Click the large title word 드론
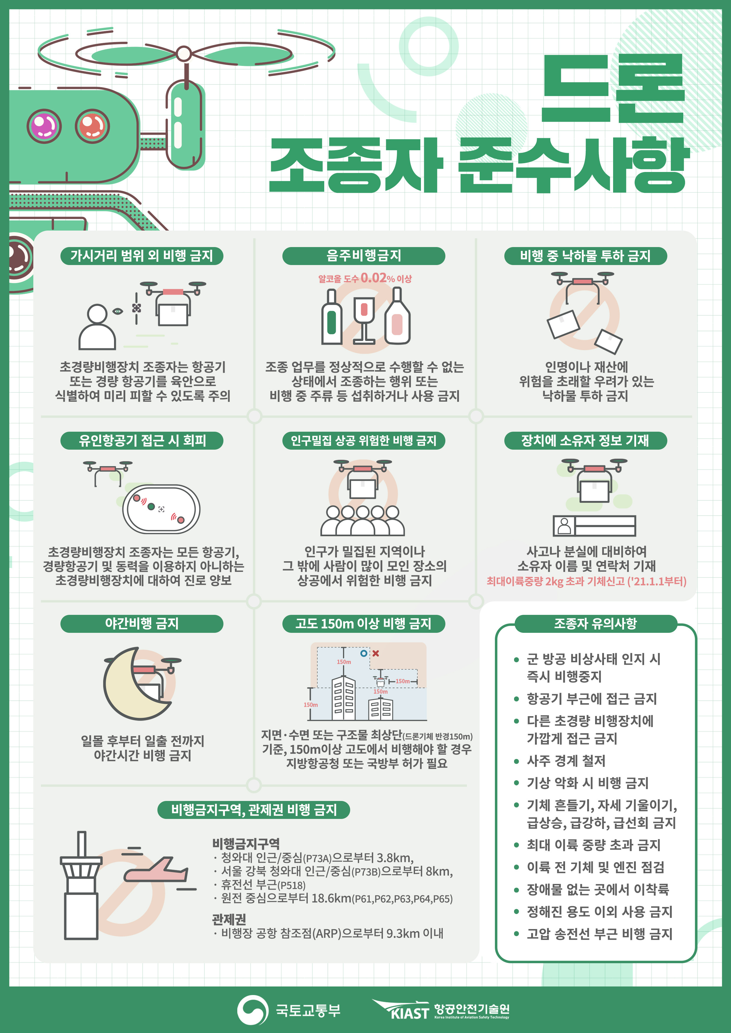(x=613, y=88)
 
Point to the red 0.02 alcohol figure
(x=374, y=278)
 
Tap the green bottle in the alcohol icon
(x=332, y=317)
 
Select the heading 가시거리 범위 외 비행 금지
(x=141, y=256)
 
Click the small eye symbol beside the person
(x=118, y=311)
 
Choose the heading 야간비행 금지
(x=141, y=624)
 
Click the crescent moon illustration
(x=131, y=684)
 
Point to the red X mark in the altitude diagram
(x=376, y=653)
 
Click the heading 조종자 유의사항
(x=595, y=624)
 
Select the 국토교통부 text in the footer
(x=308, y=1010)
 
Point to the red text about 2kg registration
(x=587, y=581)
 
